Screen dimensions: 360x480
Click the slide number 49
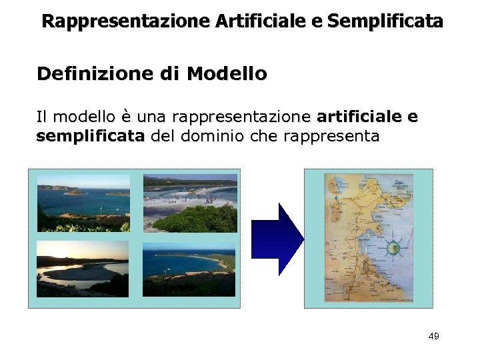click(433, 337)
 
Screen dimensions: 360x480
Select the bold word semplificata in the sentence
click(90, 137)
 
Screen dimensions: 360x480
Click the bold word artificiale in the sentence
click(360, 117)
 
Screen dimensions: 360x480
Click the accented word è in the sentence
click(126, 117)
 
